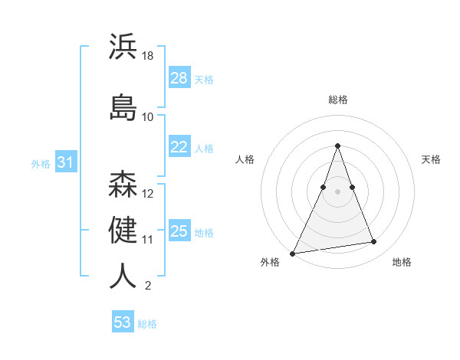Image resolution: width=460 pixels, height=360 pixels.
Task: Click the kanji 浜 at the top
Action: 123,47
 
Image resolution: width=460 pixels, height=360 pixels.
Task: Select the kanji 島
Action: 123,108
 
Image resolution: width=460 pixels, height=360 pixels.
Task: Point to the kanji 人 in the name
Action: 123,277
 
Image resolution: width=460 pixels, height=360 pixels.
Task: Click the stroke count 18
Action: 148,55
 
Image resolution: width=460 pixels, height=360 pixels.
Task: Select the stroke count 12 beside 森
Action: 148,194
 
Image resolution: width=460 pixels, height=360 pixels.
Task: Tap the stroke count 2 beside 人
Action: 147,286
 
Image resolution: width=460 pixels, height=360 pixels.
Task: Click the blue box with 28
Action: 179,78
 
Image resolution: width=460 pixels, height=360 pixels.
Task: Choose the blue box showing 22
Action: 179,147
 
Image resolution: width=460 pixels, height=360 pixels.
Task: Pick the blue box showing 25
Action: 179,231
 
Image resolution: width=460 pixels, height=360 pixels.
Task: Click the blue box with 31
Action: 65,162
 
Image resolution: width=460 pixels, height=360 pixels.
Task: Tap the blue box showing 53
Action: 123,322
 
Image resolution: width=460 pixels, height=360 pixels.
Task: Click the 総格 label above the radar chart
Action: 338,100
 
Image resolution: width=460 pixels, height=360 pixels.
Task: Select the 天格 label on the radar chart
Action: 431,159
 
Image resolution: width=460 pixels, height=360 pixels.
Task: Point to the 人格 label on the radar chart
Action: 245,159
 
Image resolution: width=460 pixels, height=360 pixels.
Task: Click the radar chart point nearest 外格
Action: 293,253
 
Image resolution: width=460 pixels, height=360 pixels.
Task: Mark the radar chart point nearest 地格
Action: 374,242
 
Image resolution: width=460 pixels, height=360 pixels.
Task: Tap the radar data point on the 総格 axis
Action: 337,146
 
